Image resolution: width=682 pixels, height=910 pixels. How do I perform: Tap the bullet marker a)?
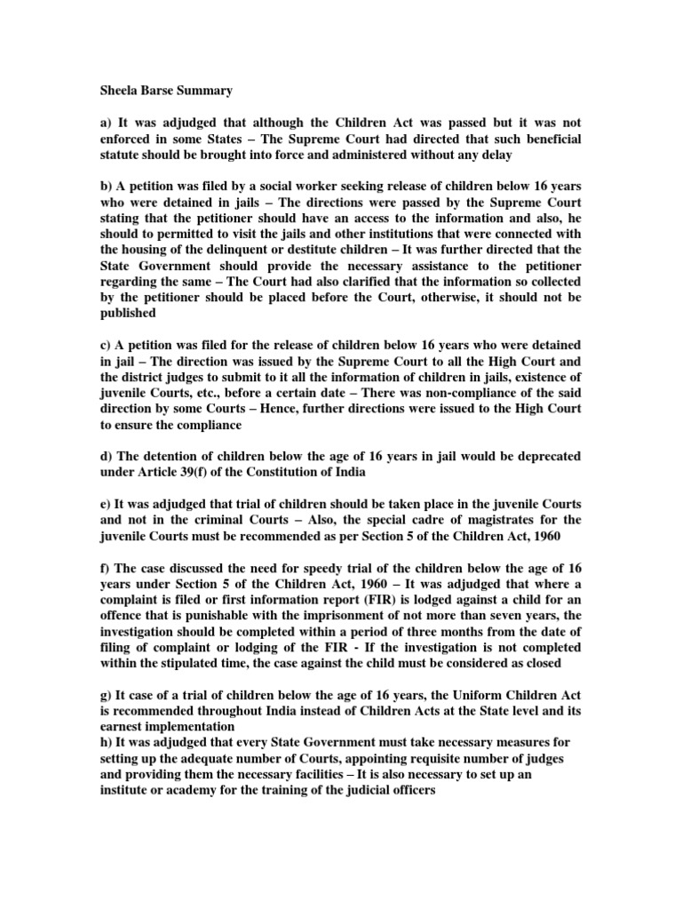(105, 123)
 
